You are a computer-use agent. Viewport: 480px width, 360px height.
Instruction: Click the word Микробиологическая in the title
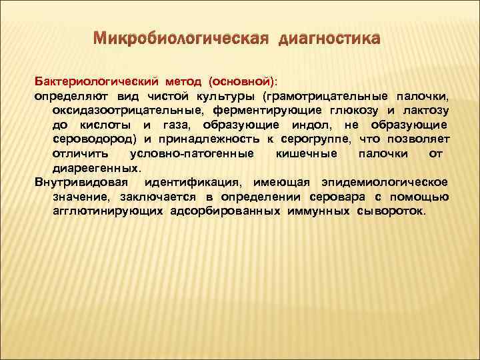click(x=179, y=38)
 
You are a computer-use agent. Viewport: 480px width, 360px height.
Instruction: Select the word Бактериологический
click(x=96, y=81)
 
